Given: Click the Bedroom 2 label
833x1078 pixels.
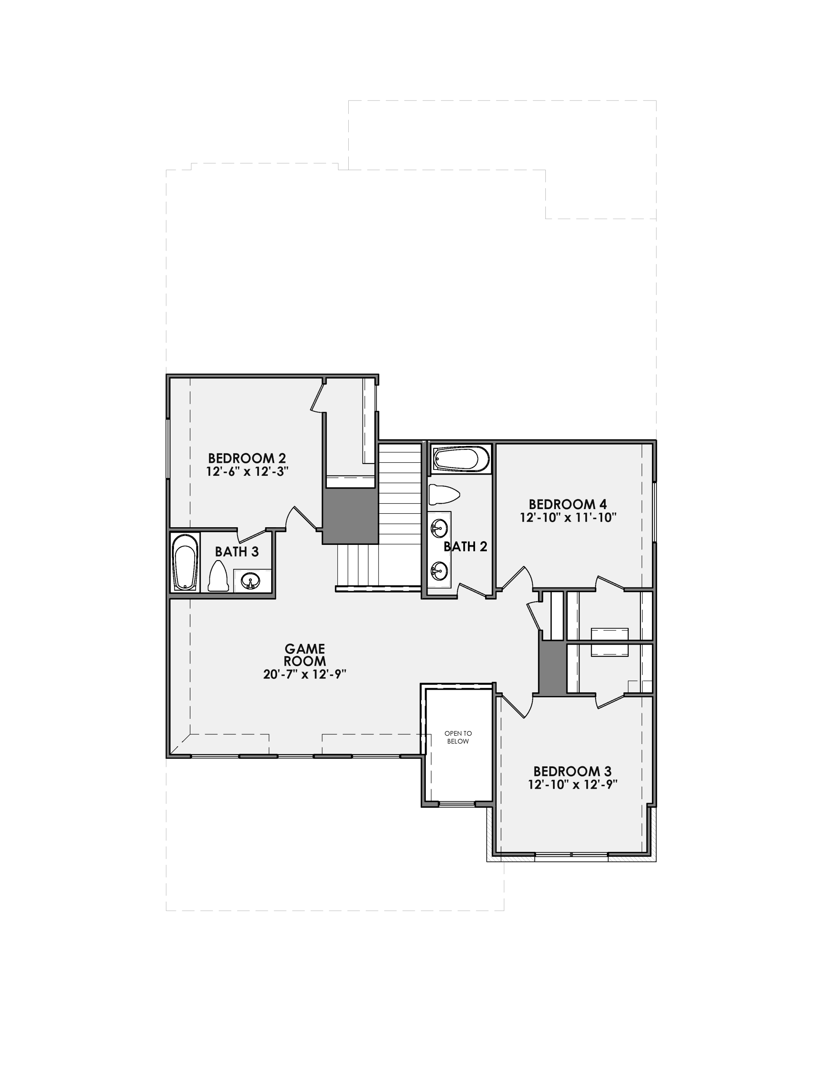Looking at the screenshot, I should point(247,458).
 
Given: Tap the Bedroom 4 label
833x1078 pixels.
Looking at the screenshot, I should point(568,504).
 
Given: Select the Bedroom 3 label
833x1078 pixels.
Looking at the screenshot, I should point(572,771).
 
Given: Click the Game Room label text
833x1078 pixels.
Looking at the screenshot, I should point(304,654).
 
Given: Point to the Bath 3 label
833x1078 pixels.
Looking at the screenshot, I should point(237,551).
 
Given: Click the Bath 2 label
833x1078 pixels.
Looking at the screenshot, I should point(465,547).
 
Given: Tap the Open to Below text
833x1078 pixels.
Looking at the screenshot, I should point(458,737).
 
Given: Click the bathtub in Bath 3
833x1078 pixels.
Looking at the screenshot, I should point(185,562).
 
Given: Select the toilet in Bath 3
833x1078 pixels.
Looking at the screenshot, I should point(218,576).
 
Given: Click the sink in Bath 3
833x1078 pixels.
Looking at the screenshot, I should point(252,580).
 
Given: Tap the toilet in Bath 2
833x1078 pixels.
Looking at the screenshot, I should point(443,494).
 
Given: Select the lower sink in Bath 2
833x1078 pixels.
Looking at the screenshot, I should point(438,570).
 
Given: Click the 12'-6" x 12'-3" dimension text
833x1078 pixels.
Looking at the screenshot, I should point(247,471).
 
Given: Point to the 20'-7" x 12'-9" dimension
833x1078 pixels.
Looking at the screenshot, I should point(304,674).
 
